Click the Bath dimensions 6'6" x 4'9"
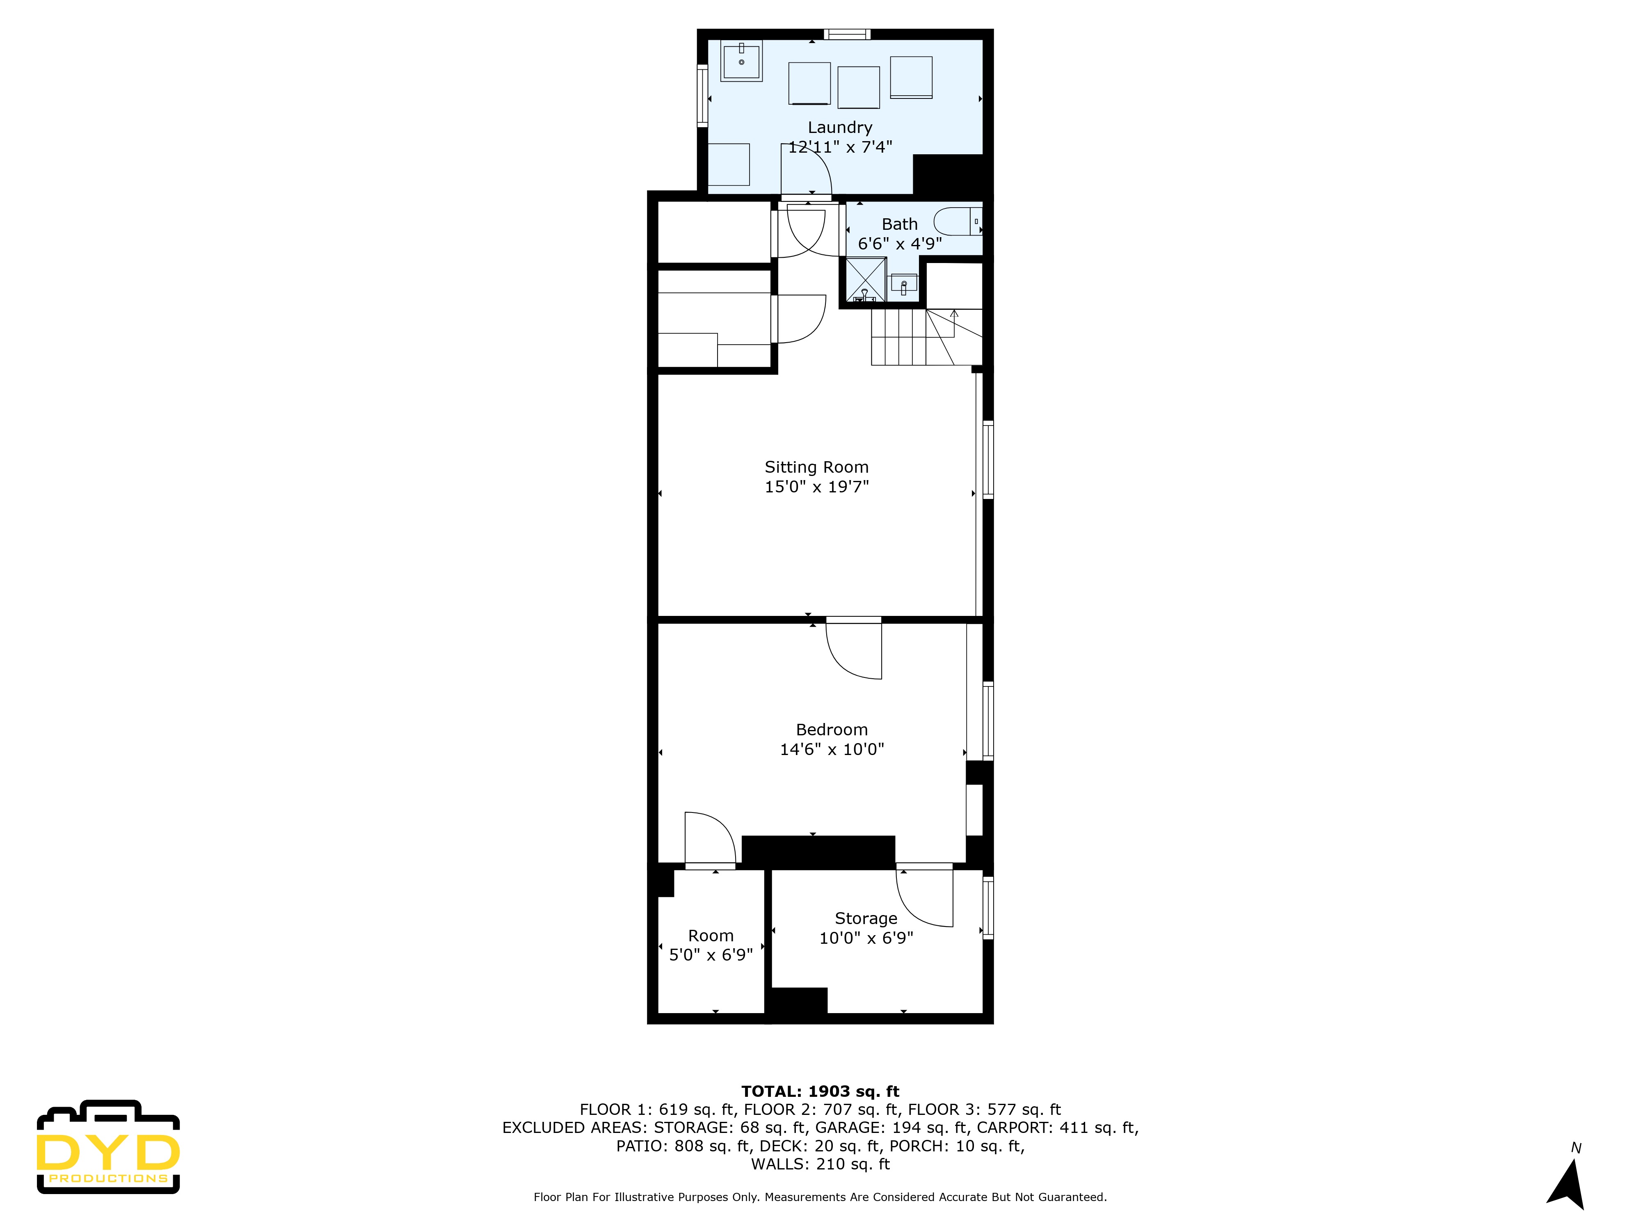coord(899,243)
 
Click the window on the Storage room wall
coord(987,908)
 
